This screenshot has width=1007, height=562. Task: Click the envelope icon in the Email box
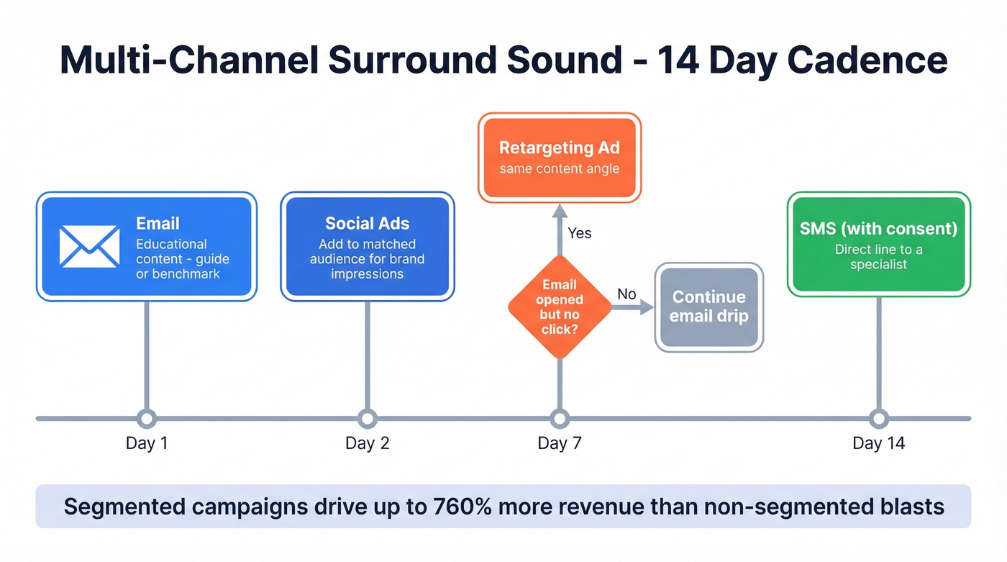pos(89,246)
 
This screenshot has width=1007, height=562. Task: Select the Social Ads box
pos(367,247)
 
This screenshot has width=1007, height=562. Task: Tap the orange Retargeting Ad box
pos(559,157)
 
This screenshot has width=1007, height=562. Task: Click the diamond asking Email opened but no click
pos(559,307)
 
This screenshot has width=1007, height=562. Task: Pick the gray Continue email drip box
pos(708,307)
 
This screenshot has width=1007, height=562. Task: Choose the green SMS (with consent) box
pos(878,244)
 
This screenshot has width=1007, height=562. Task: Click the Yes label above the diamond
pos(580,233)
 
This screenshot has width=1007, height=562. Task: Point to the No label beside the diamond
pos(626,294)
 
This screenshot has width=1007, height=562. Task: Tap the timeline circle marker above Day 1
pos(147,418)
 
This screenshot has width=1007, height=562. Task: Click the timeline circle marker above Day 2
pos(367,418)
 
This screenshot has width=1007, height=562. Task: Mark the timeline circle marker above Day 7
pos(559,418)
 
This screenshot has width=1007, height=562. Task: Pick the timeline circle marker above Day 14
pos(878,418)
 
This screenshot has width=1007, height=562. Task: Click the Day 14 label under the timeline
pos(878,443)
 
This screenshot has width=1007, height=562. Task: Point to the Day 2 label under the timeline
pos(367,443)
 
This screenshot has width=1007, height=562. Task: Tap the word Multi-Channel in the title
pos(188,60)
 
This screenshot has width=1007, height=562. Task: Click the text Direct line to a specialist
pos(878,257)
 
